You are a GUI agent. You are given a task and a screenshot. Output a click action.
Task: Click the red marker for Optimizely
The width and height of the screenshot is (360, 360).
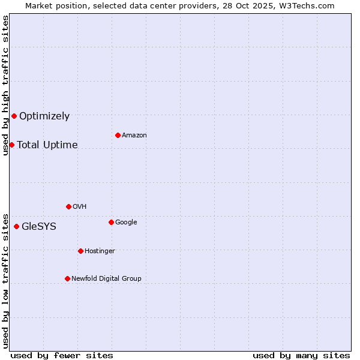(x=14, y=116)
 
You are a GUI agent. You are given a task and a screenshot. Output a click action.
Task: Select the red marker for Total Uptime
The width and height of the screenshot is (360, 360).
(x=11, y=145)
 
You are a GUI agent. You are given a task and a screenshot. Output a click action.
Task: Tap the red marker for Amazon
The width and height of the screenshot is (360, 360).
(x=118, y=135)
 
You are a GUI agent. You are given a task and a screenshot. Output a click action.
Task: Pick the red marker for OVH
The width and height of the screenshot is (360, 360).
(x=68, y=206)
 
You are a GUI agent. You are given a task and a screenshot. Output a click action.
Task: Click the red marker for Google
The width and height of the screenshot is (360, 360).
(x=111, y=222)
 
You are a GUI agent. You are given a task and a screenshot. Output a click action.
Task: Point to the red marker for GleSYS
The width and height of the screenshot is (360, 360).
(x=16, y=226)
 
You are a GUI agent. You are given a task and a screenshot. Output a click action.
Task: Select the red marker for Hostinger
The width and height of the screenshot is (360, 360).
(x=80, y=251)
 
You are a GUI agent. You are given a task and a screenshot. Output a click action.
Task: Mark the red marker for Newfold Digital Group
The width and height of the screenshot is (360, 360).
(x=67, y=278)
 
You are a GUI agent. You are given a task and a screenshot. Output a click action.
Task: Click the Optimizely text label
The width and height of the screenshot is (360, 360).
(x=44, y=116)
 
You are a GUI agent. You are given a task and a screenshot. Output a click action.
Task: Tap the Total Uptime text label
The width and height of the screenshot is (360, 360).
(x=47, y=145)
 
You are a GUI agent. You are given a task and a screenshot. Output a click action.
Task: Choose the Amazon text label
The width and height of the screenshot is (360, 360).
(x=134, y=136)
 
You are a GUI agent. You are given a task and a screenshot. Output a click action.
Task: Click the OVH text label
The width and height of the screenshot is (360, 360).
(x=80, y=207)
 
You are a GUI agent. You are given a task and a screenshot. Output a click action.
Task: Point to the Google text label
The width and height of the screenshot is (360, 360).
(x=126, y=223)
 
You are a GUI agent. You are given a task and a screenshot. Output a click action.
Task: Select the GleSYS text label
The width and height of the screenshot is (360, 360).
(x=39, y=227)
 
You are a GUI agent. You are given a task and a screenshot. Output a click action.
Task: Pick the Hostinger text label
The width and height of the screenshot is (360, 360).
(x=100, y=251)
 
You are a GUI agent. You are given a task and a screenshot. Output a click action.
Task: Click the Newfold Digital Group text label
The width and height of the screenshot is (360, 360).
(x=106, y=279)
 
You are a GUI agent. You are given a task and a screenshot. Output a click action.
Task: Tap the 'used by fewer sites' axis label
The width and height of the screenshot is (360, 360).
(x=62, y=355)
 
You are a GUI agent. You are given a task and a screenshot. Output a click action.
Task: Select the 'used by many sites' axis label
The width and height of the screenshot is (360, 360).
(x=301, y=355)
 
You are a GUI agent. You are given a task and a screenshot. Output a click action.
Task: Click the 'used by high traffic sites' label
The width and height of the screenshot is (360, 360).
(x=5, y=85)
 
